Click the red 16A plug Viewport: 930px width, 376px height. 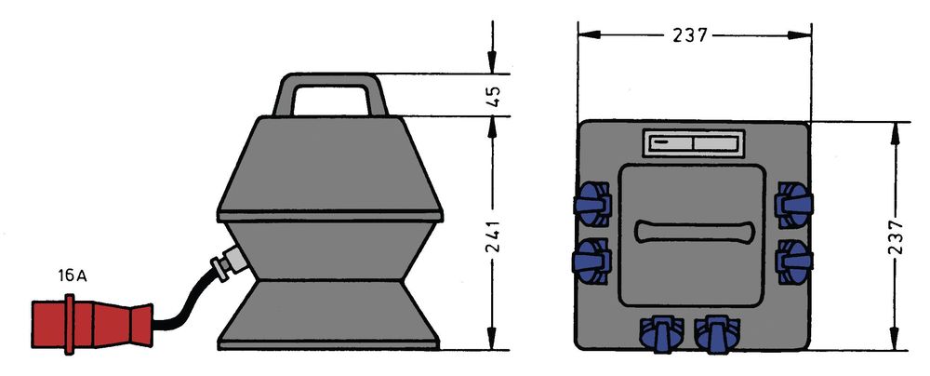92,324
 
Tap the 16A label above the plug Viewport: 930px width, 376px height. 73,276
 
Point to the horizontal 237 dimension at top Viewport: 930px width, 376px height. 690,35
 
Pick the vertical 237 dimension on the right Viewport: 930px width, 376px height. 896,237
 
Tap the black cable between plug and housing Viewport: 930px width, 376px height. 185,302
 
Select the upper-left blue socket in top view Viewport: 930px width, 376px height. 592,204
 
